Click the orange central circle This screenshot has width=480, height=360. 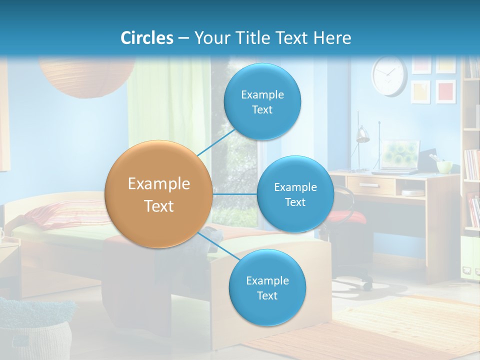159,194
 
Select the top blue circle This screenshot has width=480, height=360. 261,101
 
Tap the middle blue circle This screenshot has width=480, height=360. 295,194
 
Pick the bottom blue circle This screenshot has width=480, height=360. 267,287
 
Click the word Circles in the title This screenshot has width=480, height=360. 147,37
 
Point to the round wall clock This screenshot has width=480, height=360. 389,75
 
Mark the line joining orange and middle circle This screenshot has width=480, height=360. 234,194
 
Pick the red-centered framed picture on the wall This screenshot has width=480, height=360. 445,91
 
